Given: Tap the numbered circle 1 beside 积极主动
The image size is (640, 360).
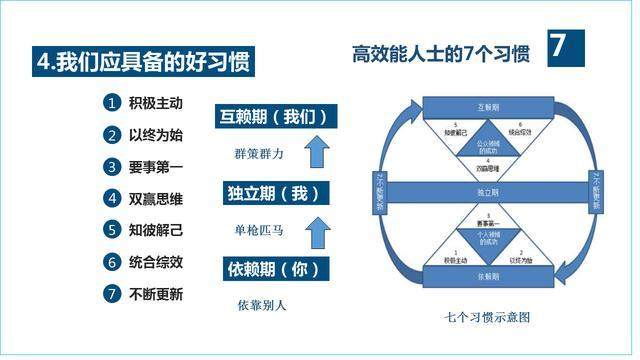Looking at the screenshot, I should tap(113, 103).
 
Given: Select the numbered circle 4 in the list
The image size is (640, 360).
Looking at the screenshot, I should tap(113, 199).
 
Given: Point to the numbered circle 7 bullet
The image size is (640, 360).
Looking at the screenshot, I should tap(113, 295).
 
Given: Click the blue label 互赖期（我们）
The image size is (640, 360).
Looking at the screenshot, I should tap(273, 116).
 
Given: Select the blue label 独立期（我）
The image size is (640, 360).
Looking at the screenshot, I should tap(273, 193).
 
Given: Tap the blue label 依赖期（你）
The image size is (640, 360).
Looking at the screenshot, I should tap(273, 270).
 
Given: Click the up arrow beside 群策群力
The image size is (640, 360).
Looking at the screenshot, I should tap(318, 152).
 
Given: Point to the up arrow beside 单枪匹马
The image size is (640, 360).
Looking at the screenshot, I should tap(318, 231).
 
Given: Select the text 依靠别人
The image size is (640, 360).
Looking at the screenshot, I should tap(262, 305).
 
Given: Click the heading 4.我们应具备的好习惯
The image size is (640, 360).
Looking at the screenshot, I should tap(140, 61).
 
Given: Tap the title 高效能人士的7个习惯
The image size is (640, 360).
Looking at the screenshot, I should tap(440, 53).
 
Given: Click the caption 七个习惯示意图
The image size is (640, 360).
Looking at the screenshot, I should tap(487, 318).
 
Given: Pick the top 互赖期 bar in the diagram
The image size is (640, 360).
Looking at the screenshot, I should tap(486, 106).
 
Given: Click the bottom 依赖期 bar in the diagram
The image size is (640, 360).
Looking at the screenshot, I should tap(486, 274).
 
